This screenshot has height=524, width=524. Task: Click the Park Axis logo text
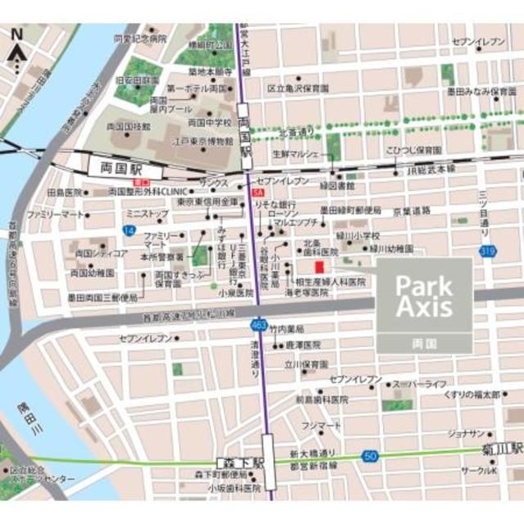(423, 296)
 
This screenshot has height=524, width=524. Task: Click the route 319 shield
(489, 252)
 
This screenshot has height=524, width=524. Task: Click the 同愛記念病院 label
(140, 38)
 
